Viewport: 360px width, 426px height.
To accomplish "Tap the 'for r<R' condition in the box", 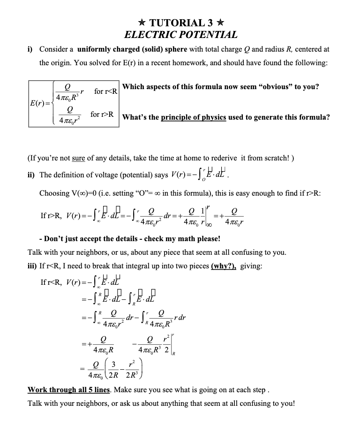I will pyautogui.click(x=105, y=91).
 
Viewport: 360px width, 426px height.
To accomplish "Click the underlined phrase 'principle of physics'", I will pyautogui.click(x=193, y=117).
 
